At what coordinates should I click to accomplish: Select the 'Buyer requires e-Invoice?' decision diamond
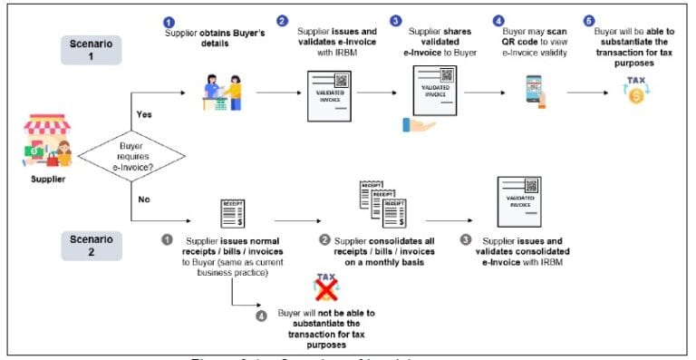click(130, 157)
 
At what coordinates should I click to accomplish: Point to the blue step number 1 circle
click(169, 20)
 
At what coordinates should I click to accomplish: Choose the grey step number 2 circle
click(325, 240)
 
